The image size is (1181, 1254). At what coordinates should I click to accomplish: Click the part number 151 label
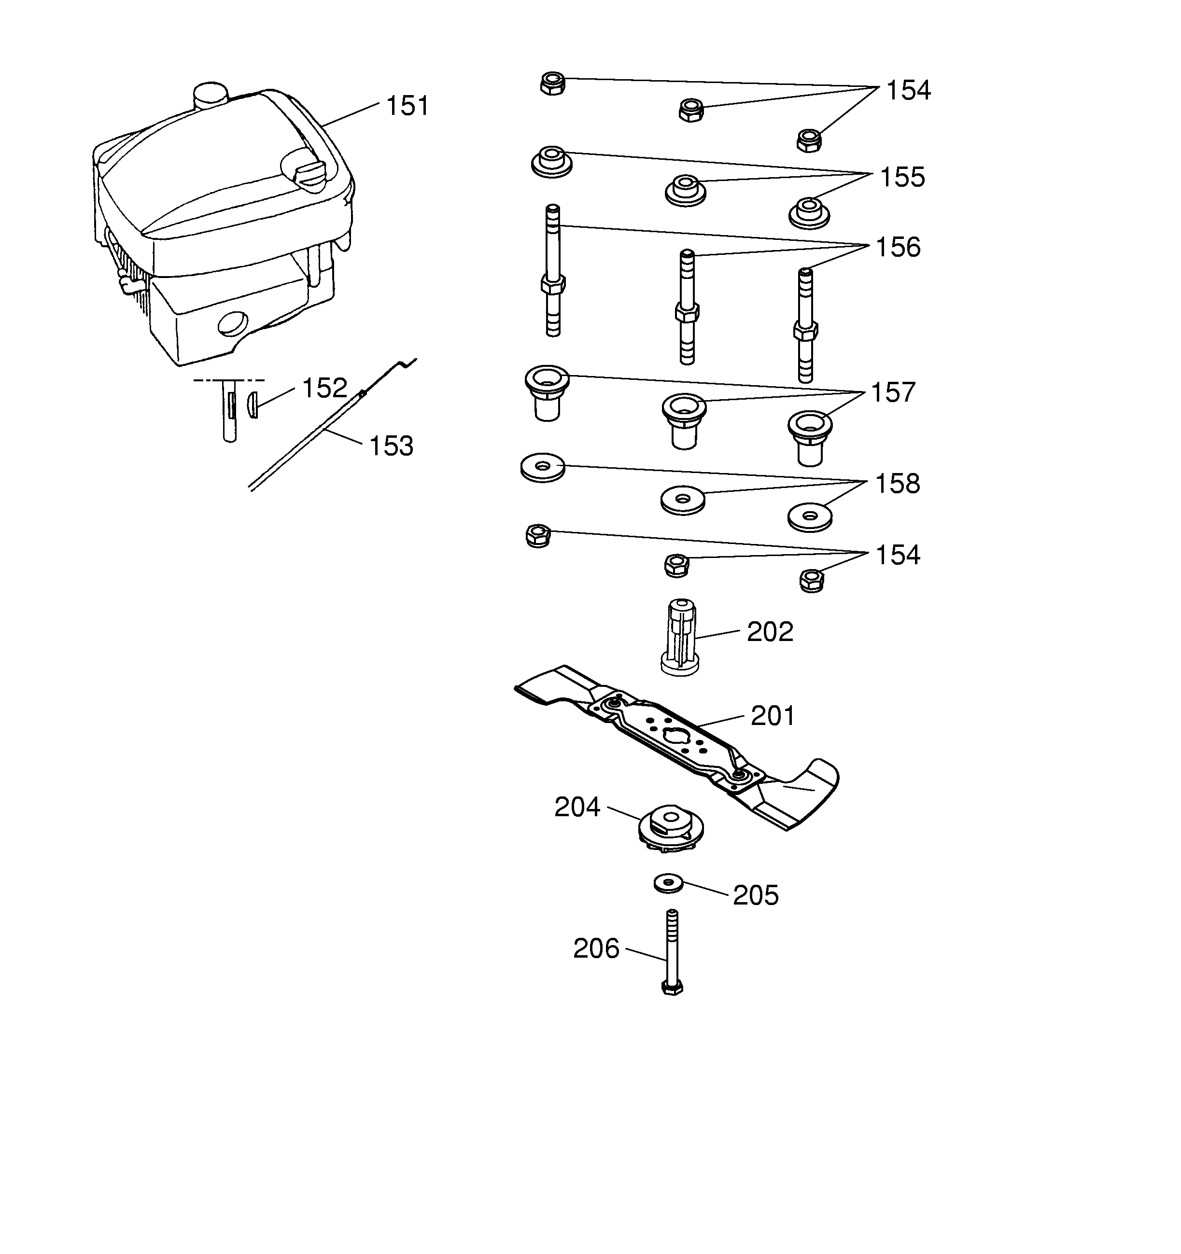(x=407, y=106)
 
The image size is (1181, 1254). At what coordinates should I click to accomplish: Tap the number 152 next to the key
(x=324, y=388)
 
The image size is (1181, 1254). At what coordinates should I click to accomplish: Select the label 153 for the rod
(x=391, y=446)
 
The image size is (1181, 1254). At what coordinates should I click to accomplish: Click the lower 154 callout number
(x=897, y=555)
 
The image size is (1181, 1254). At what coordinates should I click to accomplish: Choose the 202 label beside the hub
(x=770, y=631)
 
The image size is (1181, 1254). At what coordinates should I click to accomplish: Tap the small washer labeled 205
(x=669, y=883)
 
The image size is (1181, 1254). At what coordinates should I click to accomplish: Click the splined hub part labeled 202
(x=680, y=637)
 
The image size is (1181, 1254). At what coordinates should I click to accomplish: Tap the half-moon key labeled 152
(x=253, y=405)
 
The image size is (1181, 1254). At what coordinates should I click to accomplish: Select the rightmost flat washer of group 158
(x=810, y=516)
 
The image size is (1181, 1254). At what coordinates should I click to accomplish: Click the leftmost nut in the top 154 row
(x=553, y=84)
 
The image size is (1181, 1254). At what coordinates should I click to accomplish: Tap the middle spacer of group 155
(x=685, y=190)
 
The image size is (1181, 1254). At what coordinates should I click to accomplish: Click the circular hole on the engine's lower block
(x=234, y=323)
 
